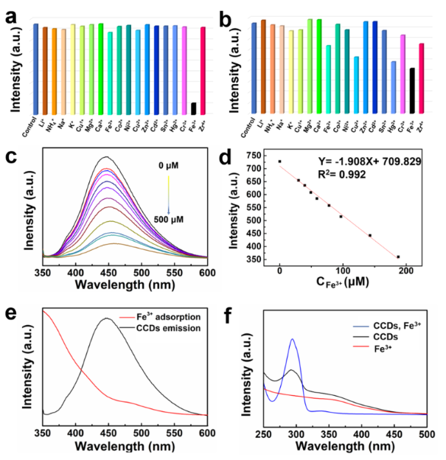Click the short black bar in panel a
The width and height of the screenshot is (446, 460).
coord(193,108)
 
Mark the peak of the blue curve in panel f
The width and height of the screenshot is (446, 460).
coord(292,340)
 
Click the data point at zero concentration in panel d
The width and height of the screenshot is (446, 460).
coord(279,161)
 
